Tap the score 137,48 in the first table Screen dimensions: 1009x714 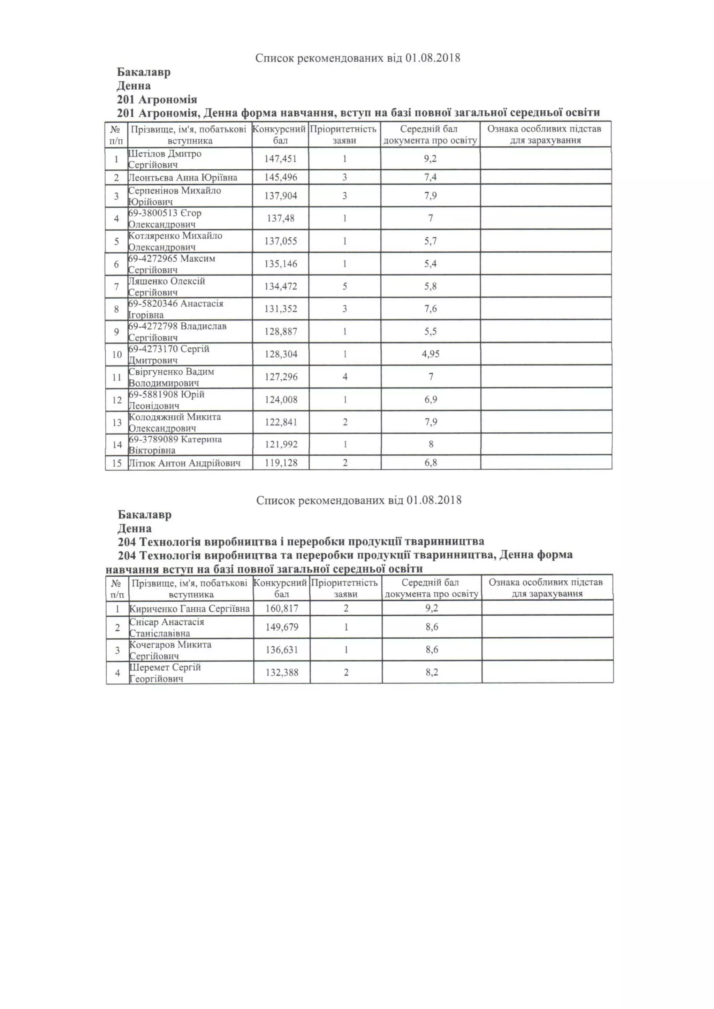[281, 218]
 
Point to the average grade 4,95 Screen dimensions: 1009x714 [431, 354]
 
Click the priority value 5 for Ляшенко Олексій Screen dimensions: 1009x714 [345, 286]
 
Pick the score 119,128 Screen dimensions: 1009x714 [281, 463]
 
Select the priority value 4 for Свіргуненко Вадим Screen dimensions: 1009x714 [345, 377]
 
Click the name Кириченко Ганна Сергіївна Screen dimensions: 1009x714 [190, 609]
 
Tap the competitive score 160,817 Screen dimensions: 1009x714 [282, 608]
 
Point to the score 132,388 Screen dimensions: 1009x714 [282, 672]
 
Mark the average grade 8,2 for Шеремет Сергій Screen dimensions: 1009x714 [432, 672]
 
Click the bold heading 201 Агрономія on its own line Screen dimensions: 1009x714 [157, 100]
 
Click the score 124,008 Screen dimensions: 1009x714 [281, 400]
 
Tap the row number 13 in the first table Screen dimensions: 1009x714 [117, 422]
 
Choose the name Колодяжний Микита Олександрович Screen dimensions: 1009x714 [175, 422]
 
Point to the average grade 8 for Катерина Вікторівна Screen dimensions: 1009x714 [431, 444]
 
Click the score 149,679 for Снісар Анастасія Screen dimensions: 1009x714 [282, 627]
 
